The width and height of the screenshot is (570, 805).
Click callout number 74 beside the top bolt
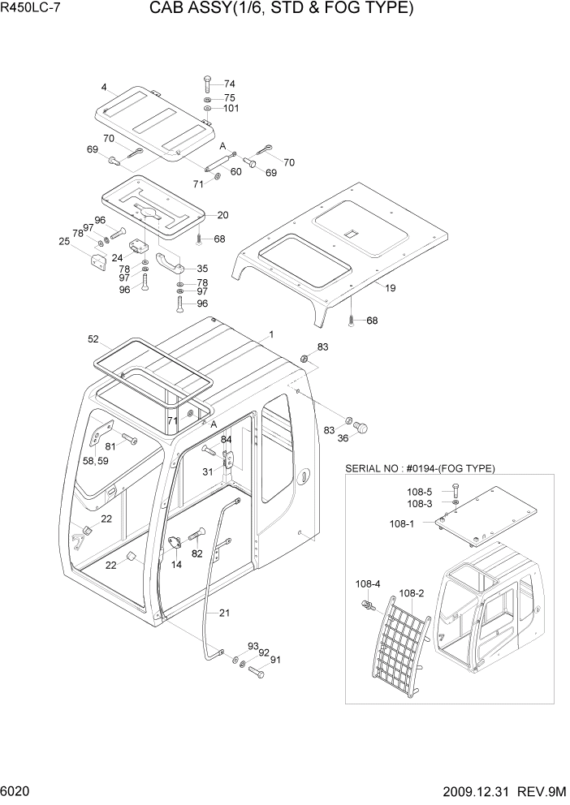pos(230,84)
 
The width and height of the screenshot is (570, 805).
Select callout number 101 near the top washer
pos(231,108)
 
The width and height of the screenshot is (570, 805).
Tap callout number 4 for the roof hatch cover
pos(104,87)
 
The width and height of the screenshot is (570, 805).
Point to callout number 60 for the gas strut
pos(236,171)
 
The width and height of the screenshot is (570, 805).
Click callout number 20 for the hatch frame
pos(222,215)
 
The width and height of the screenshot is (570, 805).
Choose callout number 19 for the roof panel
pos(390,287)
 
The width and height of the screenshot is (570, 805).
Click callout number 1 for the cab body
pos(271,334)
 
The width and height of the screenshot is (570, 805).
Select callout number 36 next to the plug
pos(343,438)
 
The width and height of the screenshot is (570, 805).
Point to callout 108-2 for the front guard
pos(412,593)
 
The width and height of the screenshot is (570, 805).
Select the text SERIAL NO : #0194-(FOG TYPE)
pos(420,468)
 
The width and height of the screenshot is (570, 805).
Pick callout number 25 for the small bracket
pos(63,241)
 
